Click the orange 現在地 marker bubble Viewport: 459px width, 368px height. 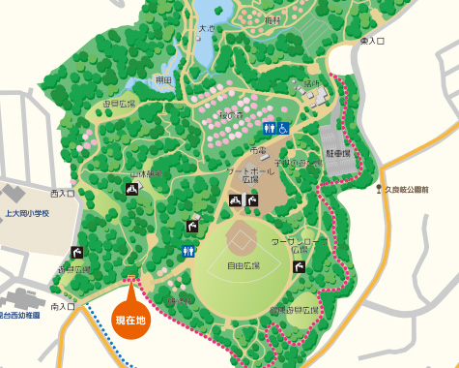click(x=130, y=319)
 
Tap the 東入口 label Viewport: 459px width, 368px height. click(x=372, y=42)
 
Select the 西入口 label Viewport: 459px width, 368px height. click(x=63, y=194)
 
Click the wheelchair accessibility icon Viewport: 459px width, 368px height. click(x=284, y=127)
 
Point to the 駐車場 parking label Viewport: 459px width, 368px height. click(x=337, y=153)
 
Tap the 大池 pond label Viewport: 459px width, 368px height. click(x=206, y=29)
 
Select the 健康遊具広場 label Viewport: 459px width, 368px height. click(x=294, y=310)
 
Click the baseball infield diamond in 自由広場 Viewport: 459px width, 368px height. click(x=241, y=235)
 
